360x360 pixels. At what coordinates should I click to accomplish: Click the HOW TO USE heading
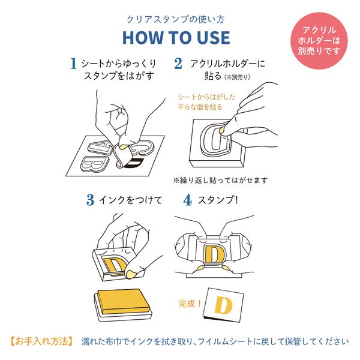coord(176,37)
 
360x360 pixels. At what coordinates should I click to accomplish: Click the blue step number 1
coord(73,63)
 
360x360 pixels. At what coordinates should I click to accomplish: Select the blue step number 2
coord(178,63)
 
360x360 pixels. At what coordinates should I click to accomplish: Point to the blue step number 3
coord(90,200)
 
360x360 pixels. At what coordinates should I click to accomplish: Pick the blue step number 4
coord(187,200)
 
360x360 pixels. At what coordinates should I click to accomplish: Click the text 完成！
coord(191,302)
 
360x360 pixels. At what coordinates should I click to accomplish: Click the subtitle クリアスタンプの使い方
coord(176,17)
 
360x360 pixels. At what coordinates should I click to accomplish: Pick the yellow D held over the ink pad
coord(115,266)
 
